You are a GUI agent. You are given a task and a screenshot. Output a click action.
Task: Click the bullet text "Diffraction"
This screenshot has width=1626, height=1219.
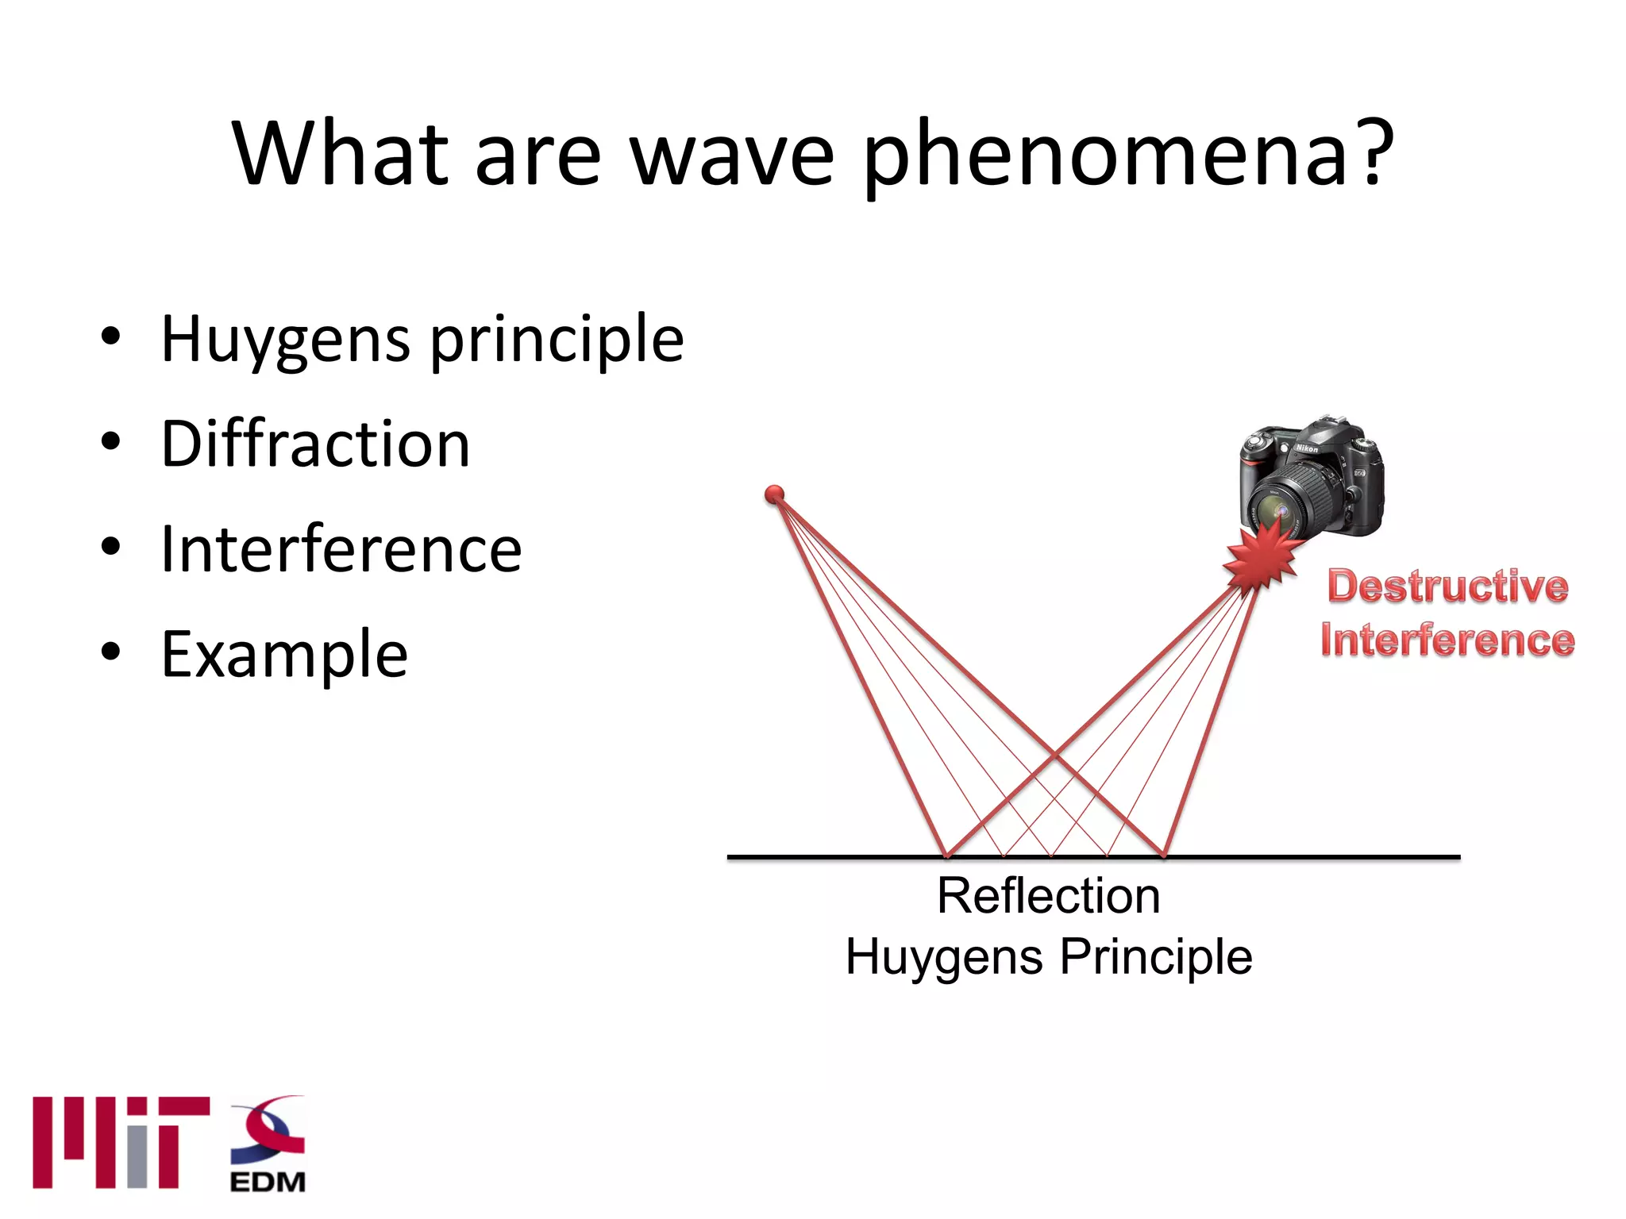(315, 444)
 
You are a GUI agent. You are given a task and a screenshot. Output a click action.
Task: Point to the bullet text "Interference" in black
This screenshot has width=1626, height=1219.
(341, 549)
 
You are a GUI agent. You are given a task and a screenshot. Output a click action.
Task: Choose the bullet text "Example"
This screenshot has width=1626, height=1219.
(284, 655)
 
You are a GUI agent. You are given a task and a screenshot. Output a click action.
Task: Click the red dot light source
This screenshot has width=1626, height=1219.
(774, 495)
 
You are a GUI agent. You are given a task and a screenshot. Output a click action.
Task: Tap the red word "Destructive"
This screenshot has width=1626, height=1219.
(1447, 586)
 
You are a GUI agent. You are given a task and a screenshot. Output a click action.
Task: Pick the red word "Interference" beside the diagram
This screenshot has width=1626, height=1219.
(1447, 640)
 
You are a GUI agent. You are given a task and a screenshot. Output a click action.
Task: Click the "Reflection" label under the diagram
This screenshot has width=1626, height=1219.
(1048, 896)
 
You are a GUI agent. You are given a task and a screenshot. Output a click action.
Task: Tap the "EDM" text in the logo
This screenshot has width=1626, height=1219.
(268, 1182)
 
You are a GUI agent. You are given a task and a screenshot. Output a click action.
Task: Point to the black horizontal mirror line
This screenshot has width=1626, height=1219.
(1310, 857)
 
